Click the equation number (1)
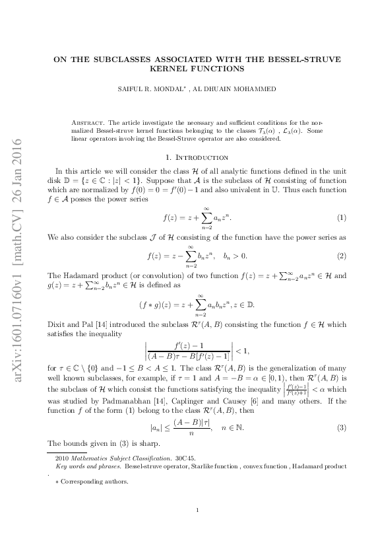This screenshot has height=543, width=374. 342,199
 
